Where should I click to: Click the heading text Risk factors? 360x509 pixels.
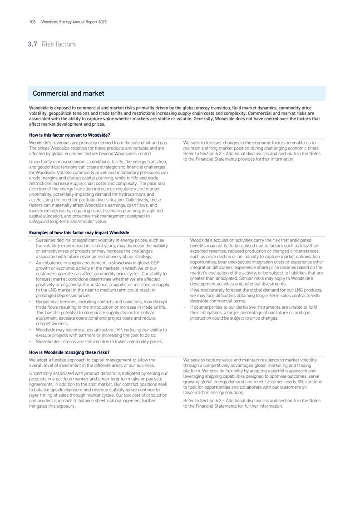[59, 44]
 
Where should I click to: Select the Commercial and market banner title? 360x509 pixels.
[69, 94]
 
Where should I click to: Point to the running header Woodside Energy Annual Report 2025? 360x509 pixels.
[74, 22]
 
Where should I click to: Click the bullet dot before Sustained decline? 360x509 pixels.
[30, 240]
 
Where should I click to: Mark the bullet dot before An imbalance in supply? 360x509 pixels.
[30, 263]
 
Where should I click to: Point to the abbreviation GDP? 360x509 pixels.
[153, 263]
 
